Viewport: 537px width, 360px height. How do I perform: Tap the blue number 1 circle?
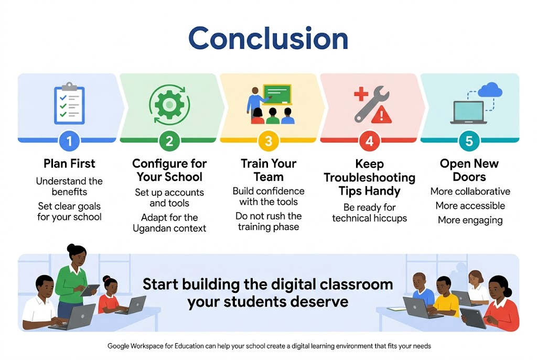click(x=69, y=140)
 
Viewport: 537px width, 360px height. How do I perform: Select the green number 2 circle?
click(x=169, y=140)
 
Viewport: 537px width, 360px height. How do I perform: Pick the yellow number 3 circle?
click(x=268, y=140)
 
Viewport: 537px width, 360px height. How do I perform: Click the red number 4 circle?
click(x=369, y=140)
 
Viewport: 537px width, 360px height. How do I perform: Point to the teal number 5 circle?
click(x=469, y=140)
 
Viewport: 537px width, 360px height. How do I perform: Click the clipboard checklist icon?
click(x=69, y=103)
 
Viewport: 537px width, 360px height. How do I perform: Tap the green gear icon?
click(x=169, y=104)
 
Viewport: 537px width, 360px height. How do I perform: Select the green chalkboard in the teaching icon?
click(x=277, y=94)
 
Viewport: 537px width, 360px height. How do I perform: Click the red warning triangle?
click(x=382, y=114)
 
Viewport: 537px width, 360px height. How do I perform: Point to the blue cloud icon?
click(x=490, y=90)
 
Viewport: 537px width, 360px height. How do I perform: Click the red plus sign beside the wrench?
click(x=361, y=93)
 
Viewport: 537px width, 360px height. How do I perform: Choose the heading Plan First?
click(x=69, y=163)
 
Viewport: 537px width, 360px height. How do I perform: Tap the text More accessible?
click(x=470, y=205)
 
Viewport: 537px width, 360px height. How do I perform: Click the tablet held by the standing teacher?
click(x=89, y=290)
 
